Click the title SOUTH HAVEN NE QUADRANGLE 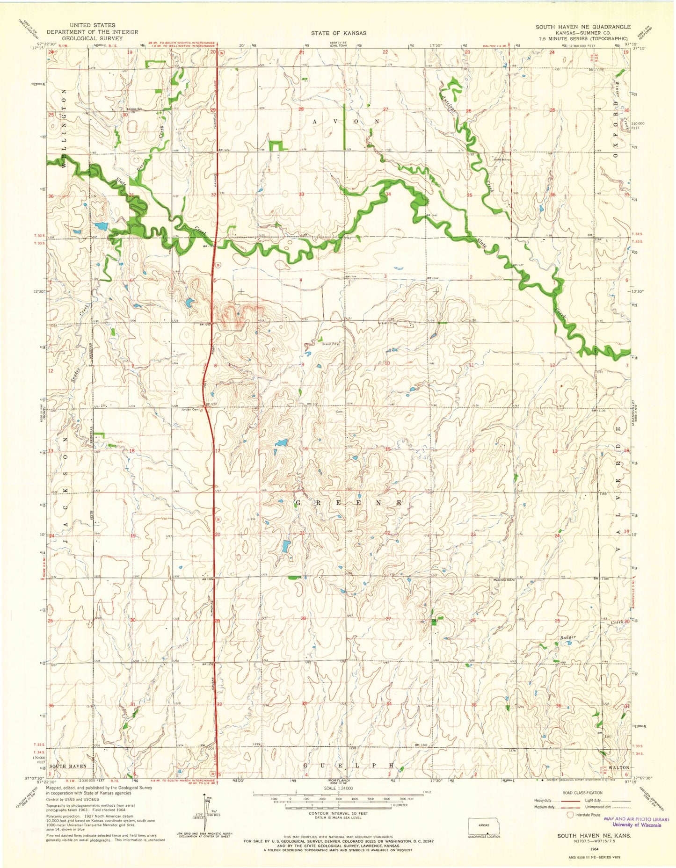[583, 27]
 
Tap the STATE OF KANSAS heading [338, 33]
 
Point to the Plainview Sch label [504, 580]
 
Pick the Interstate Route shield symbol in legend [570, 815]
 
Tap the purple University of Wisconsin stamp [636, 822]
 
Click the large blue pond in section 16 [281, 442]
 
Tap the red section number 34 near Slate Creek [388, 194]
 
